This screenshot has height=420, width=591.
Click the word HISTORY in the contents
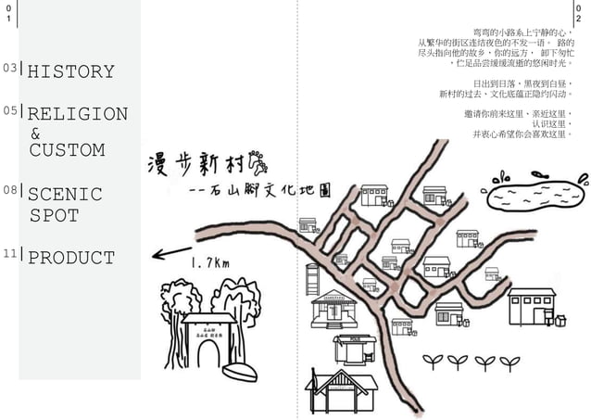(71, 71)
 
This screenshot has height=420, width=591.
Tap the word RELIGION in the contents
(78, 114)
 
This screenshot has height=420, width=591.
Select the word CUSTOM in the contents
(67, 149)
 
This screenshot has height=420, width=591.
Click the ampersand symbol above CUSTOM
(35, 134)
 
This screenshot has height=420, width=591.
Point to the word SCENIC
(65, 195)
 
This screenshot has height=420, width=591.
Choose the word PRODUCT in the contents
(71, 258)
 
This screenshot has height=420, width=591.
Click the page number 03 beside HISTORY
(9, 68)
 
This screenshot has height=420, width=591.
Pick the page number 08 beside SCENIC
(9, 190)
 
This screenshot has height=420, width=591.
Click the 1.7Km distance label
(209, 263)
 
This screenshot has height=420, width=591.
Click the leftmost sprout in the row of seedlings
(432, 360)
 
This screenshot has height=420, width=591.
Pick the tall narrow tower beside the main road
(312, 278)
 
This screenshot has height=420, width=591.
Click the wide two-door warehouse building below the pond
(532, 307)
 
